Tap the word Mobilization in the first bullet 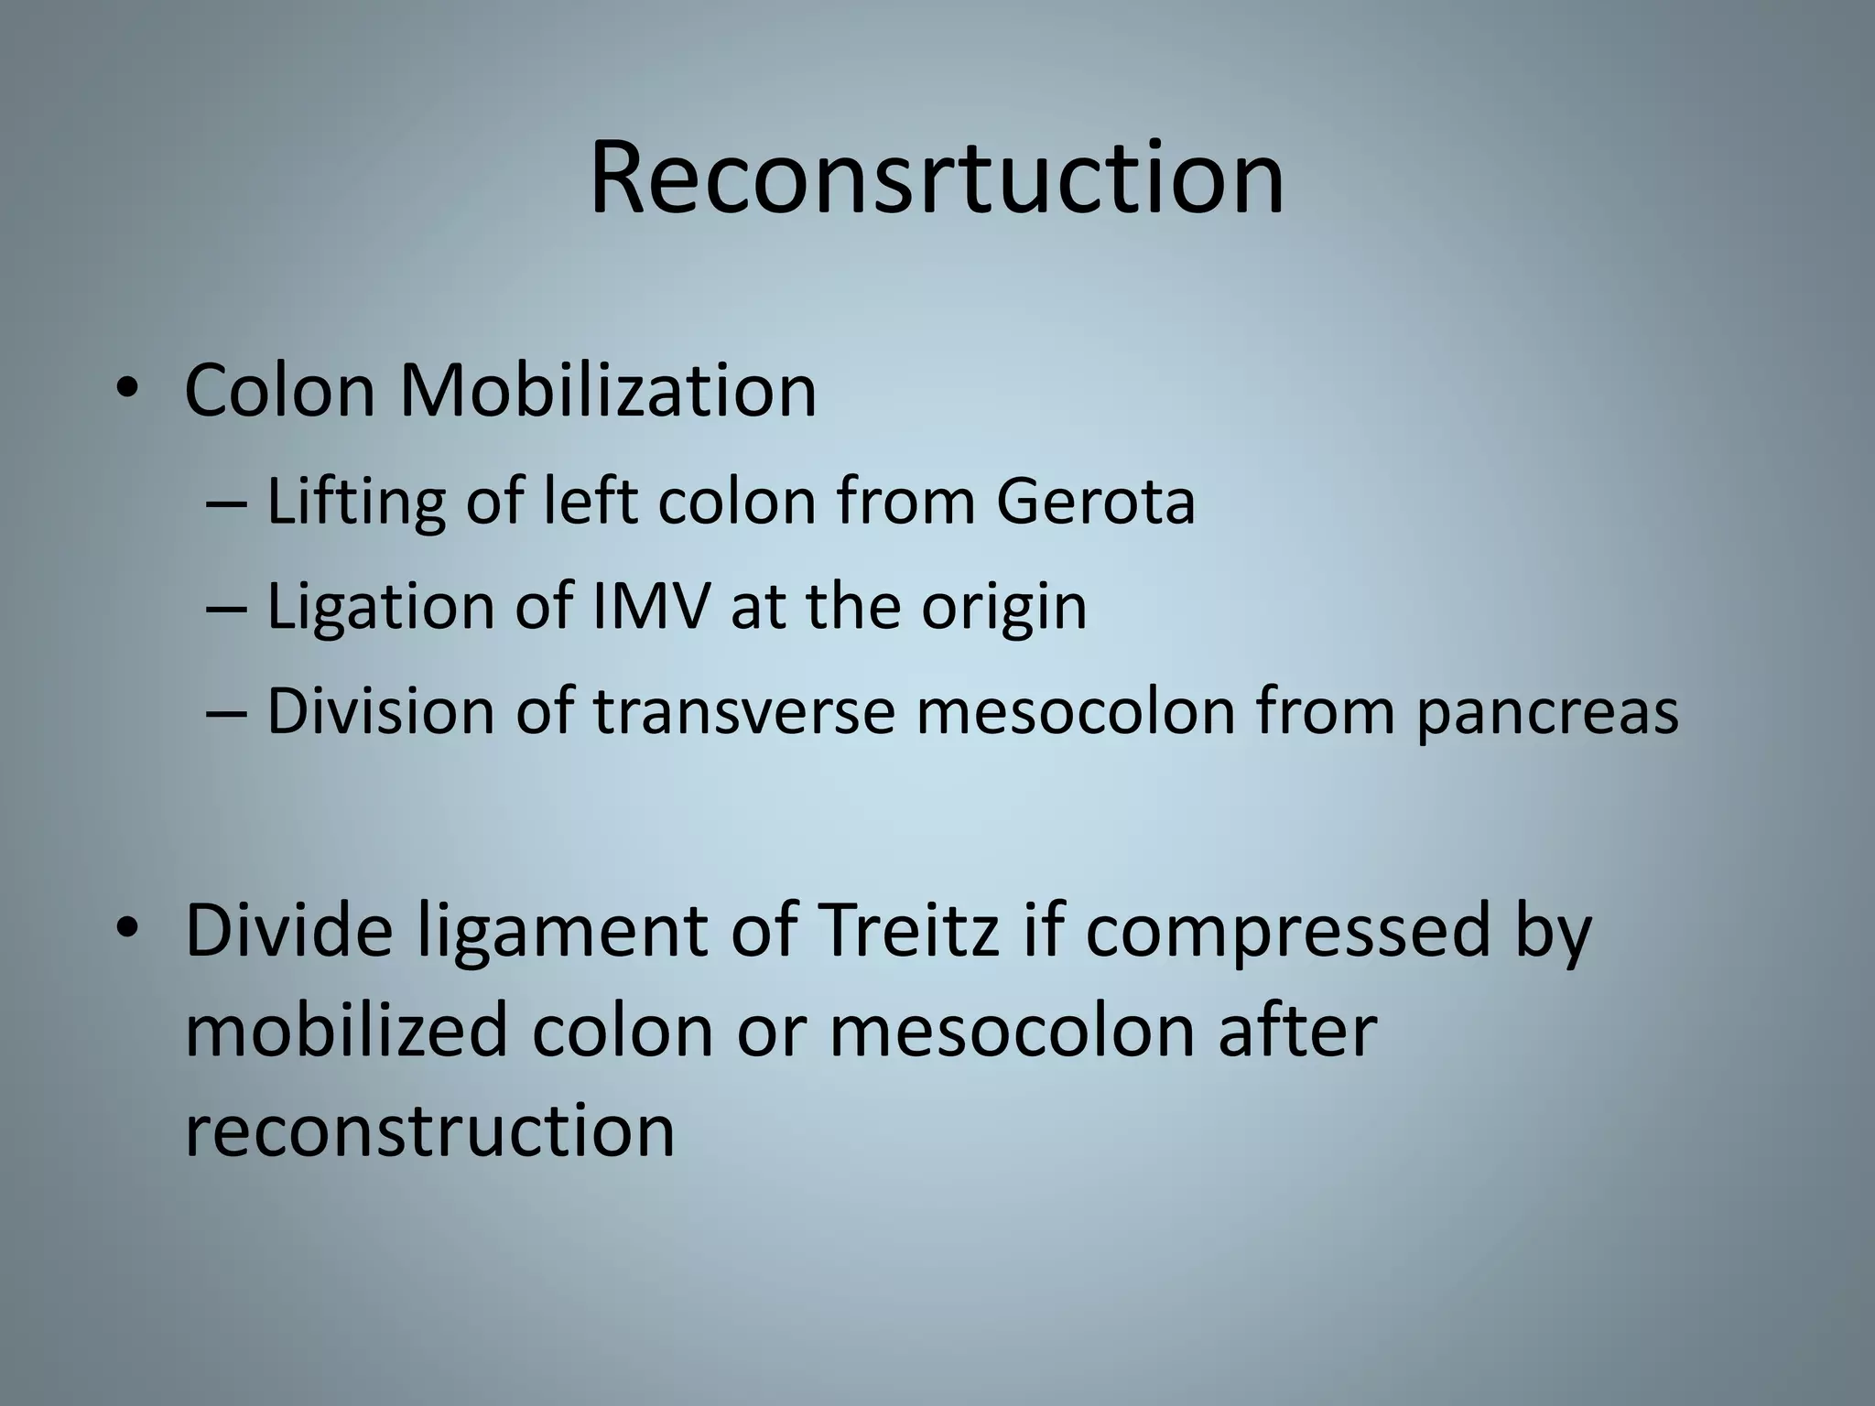607,391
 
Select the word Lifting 355,502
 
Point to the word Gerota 1095,502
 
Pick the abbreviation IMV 650,606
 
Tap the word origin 1003,608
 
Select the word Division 381,710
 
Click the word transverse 743,710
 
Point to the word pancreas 1546,712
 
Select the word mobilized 346,1031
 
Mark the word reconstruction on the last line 429,1131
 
